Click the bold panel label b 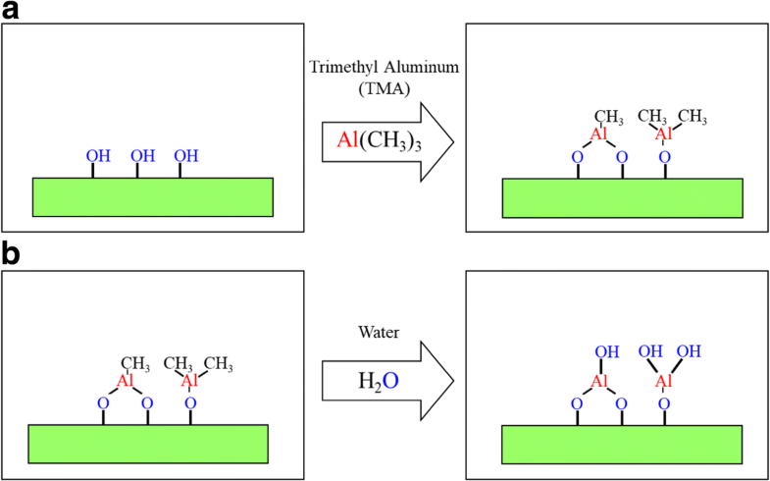pyautogui.click(x=13, y=254)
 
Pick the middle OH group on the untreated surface pyautogui.click(x=143, y=155)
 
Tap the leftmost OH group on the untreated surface pyautogui.click(x=98, y=155)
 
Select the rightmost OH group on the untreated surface pyautogui.click(x=186, y=155)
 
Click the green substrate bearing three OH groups pyautogui.click(x=153, y=196)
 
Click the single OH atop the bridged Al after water pyautogui.click(x=602, y=351)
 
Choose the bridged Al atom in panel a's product pyautogui.click(x=599, y=133)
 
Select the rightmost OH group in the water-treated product pyautogui.click(x=693, y=351)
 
